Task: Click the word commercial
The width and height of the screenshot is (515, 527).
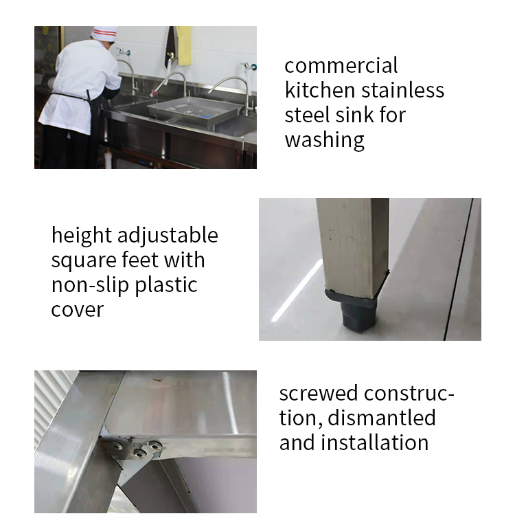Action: pos(341,66)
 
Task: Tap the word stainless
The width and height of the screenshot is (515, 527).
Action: pos(403,90)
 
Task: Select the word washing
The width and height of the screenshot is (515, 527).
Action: pos(324,140)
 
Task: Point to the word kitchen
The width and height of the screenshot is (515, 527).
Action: pos(320,90)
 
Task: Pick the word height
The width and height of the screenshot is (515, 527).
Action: pos(81,236)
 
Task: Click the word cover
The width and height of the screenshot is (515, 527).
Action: pos(77,310)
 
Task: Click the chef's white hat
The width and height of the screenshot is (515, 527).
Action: pos(104,33)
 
